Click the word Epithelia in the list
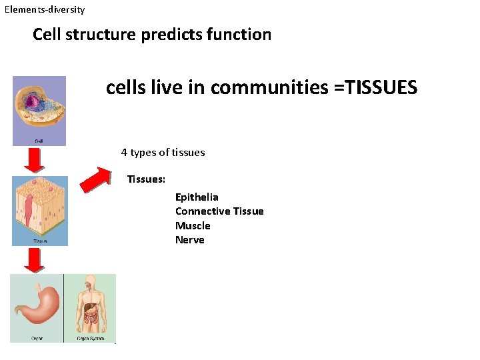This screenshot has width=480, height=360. [x=197, y=197]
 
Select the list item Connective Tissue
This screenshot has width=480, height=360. [x=219, y=211]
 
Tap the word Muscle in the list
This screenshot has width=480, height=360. [x=193, y=225]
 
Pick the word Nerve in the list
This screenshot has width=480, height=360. [x=190, y=240]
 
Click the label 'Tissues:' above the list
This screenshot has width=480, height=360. [x=147, y=179]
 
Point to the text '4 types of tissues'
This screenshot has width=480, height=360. [x=163, y=152]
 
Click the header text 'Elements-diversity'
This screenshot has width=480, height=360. [x=45, y=10]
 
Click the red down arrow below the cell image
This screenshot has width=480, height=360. [x=34, y=160]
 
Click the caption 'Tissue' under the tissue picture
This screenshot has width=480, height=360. [x=40, y=241]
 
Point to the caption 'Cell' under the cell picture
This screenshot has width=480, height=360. [x=40, y=141]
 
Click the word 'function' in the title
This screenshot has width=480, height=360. [x=243, y=35]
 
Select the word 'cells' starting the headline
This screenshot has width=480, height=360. [x=123, y=87]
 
